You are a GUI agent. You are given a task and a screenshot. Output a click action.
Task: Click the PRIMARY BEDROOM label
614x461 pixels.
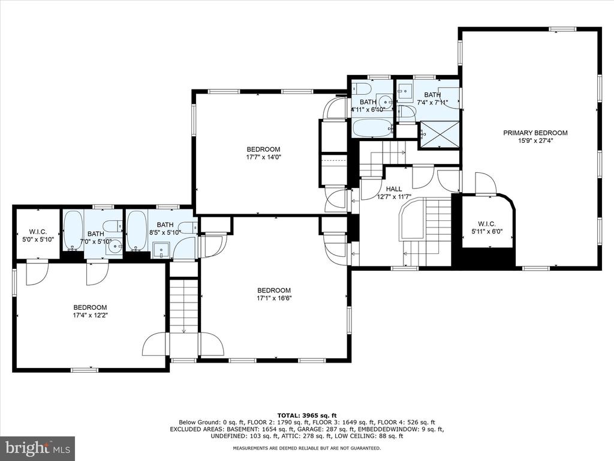535,133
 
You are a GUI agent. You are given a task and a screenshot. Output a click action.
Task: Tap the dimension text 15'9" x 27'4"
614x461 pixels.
535,140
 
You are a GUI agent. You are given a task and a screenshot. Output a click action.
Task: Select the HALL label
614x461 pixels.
394,189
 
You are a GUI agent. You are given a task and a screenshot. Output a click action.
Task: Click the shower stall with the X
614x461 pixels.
440,134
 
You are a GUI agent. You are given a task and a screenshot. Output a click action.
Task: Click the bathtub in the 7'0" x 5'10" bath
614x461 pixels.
73,231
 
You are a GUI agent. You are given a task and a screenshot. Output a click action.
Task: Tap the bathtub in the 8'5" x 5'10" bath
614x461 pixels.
136,231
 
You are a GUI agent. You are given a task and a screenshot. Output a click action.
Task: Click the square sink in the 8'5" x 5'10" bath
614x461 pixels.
161,250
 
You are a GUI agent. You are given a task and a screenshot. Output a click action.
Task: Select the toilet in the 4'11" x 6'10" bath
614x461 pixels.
360,89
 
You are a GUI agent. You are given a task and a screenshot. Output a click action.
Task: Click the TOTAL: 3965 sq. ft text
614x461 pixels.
307,415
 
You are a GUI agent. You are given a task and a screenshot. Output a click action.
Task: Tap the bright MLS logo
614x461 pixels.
38,448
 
